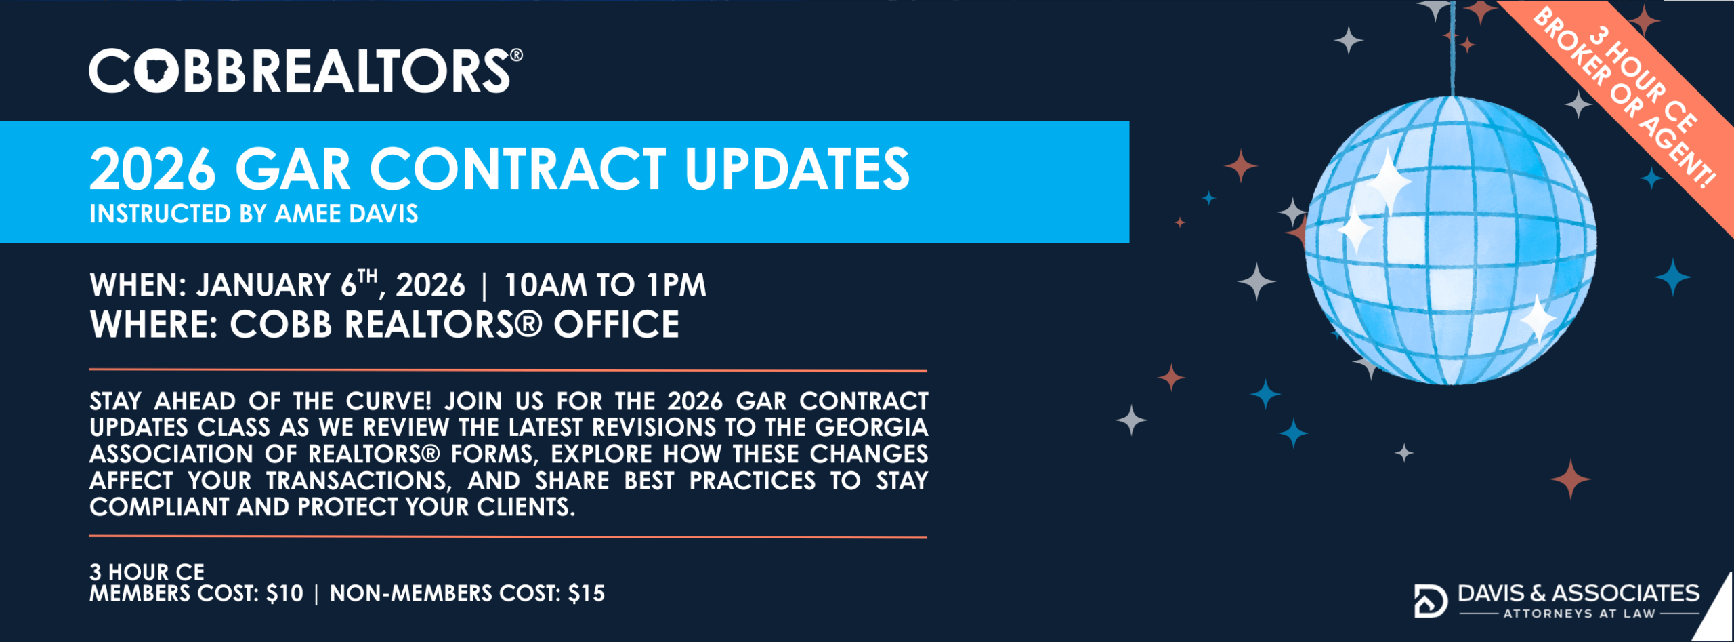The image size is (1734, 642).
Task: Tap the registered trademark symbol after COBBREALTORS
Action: [516, 55]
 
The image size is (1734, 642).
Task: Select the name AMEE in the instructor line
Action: [308, 214]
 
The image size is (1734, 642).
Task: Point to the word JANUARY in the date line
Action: [263, 285]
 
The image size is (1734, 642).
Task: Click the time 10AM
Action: [545, 285]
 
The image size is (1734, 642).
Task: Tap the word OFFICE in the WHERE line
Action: [616, 325]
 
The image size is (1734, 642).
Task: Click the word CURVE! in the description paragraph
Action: [388, 401]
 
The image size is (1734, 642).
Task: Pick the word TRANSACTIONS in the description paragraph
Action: [358, 481]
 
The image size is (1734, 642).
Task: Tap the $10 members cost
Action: [284, 594]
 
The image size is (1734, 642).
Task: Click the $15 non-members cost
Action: [586, 594]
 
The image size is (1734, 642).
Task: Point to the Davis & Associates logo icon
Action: [1430, 601]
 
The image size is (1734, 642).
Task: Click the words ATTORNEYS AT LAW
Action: [1579, 614]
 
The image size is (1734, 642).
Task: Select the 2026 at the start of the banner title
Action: [153, 169]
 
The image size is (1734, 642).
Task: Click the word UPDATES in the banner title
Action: [797, 169]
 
